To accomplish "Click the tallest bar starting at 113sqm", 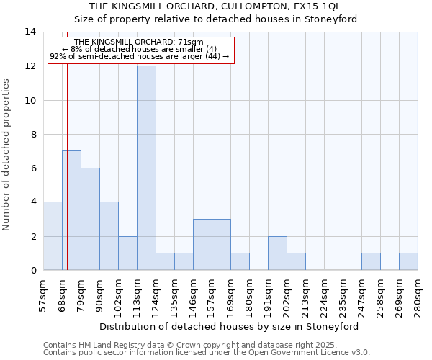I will pyautogui.click(x=146, y=168).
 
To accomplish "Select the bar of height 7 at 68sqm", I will pyautogui.click(x=71, y=210).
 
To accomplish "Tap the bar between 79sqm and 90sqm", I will pyautogui.click(x=90, y=219).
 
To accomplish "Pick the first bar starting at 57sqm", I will pyautogui.click(x=53, y=236).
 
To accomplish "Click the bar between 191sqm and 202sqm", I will pyautogui.click(x=277, y=253).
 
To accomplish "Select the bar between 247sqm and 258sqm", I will pyautogui.click(x=371, y=261).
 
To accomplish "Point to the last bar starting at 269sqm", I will pyautogui.click(x=408, y=261).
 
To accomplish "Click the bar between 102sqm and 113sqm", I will pyautogui.click(x=127, y=253).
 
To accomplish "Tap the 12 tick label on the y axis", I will pyautogui.click(x=30, y=66).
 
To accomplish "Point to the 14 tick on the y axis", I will pyautogui.click(x=30, y=32).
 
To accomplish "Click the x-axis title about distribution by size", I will pyautogui.click(x=230, y=326).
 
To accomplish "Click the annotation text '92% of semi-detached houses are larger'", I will pyautogui.click(x=140, y=56).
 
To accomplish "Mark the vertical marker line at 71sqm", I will pyautogui.click(x=67, y=166).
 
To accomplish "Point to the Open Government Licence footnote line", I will pyautogui.click(x=207, y=353).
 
